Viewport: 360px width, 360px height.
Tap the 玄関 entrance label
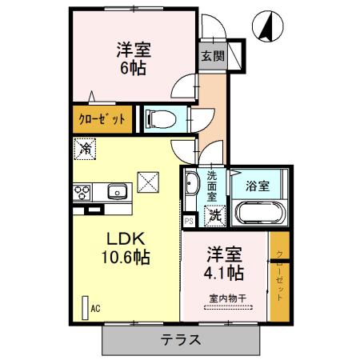pyautogui.click(x=213, y=57)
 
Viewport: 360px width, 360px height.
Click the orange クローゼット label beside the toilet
pyautogui.click(x=102, y=118)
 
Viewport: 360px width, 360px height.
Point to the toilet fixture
pyautogui.click(x=162, y=119)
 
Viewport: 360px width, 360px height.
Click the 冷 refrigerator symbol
pyautogui.click(x=85, y=149)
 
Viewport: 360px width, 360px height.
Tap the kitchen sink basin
pyautogui.click(x=117, y=192)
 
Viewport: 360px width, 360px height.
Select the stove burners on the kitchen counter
pyautogui.click(x=82, y=192)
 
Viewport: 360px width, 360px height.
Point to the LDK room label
pyautogui.click(x=123, y=238)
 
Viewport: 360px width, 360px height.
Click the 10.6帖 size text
pyautogui.click(x=123, y=258)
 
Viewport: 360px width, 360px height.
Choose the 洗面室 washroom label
pyautogui.click(x=212, y=186)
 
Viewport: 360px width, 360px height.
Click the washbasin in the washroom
pyautogui.click(x=191, y=186)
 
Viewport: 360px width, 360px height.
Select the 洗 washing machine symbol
pyautogui.click(x=215, y=214)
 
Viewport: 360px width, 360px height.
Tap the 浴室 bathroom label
pyautogui.click(x=258, y=186)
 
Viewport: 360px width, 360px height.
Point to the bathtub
pyautogui.click(x=258, y=213)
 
